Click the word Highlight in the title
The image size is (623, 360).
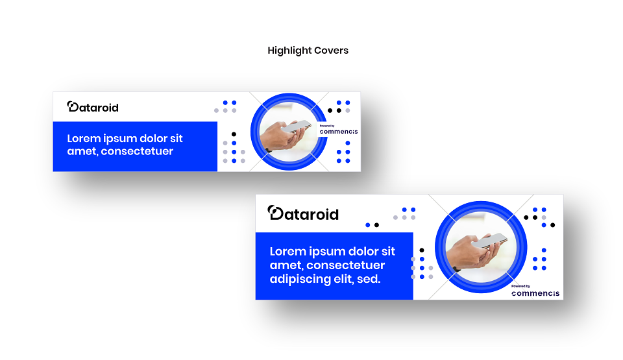tap(289, 51)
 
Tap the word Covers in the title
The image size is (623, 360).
tap(332, 51)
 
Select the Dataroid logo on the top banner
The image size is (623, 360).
tap(93, 107)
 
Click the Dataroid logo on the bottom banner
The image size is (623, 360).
tap(303, 213)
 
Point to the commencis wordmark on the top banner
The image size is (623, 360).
tap(339, 132)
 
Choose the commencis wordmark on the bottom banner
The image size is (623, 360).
tap(535, 293)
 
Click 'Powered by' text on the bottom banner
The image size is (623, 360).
tap(520, 286)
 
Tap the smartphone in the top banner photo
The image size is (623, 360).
tap(296, 126)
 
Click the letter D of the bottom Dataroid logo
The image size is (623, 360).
tap(276, 213)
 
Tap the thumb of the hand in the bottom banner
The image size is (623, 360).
tap(473, 241)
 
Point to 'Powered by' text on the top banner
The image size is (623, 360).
tap(327, 126)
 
